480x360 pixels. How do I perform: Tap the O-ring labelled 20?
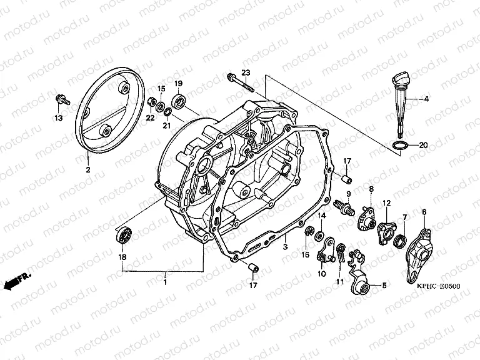coord(400,146)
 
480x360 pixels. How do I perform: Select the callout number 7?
coord(404,217)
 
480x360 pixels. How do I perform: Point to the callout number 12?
coord(387,202)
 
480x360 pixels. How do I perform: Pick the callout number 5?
coord(384,286)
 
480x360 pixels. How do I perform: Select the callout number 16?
coord(306,255)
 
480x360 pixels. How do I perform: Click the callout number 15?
coord(161,88)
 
